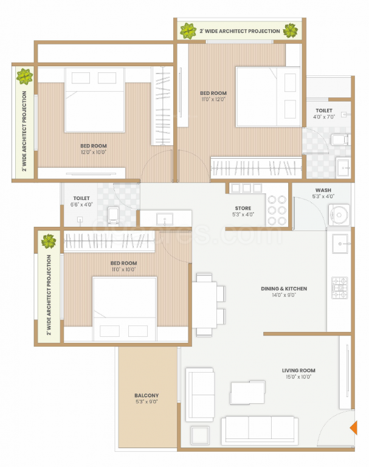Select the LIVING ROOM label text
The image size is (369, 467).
point(298,370)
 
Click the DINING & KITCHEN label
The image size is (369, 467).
point(284,289)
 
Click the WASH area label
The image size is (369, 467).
point(323,190)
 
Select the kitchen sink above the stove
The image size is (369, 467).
point(339,244)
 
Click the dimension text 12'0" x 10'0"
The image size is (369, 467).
point(94,153)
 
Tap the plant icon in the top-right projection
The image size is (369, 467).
point(291,30)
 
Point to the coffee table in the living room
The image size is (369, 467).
point(248,392)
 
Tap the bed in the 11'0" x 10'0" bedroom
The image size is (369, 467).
point(125,307)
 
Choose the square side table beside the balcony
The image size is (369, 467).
point(199,435)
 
